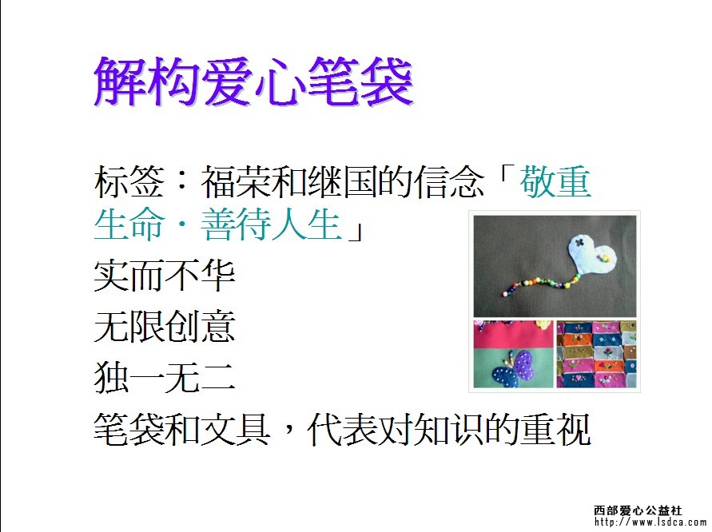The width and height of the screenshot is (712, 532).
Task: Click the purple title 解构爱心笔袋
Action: pyautogui.click(x=253, y=81)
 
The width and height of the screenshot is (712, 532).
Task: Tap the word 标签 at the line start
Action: pyautogui.click(x=129, y=181)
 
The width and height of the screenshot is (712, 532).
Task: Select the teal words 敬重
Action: pyautogui.click(x=555, y=181)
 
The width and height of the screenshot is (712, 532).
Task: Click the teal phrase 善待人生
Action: pyautogui.click(x=271, y=224)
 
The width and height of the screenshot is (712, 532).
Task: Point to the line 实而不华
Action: pyautogui.click(x=165, y=276)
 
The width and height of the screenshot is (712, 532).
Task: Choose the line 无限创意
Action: pyautogui.click(x=165, y=327)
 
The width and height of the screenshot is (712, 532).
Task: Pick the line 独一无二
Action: pyautogui.click(x=165, y=378)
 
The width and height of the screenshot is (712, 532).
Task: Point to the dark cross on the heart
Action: pyautogui.click(x=579, y=242)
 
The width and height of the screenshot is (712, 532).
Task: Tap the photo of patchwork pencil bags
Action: pyautogui.click(x=596, y=354)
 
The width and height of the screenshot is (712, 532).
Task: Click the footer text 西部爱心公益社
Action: pyautogui.click(x=638, y=510)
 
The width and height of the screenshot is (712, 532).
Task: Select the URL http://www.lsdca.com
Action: pyautogui.click(x=650, y=522)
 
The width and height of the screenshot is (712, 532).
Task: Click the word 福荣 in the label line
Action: pyautogui.click(x=235, y=181)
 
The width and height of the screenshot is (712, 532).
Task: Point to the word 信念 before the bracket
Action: pyautogui.click(x=448, y=181)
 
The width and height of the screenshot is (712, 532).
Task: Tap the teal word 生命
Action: pyautogui.click(x=129, y=224)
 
